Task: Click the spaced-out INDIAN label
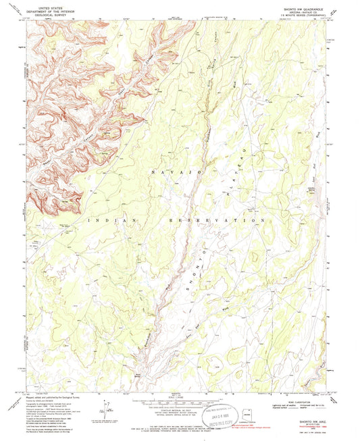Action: click(111, 220)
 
